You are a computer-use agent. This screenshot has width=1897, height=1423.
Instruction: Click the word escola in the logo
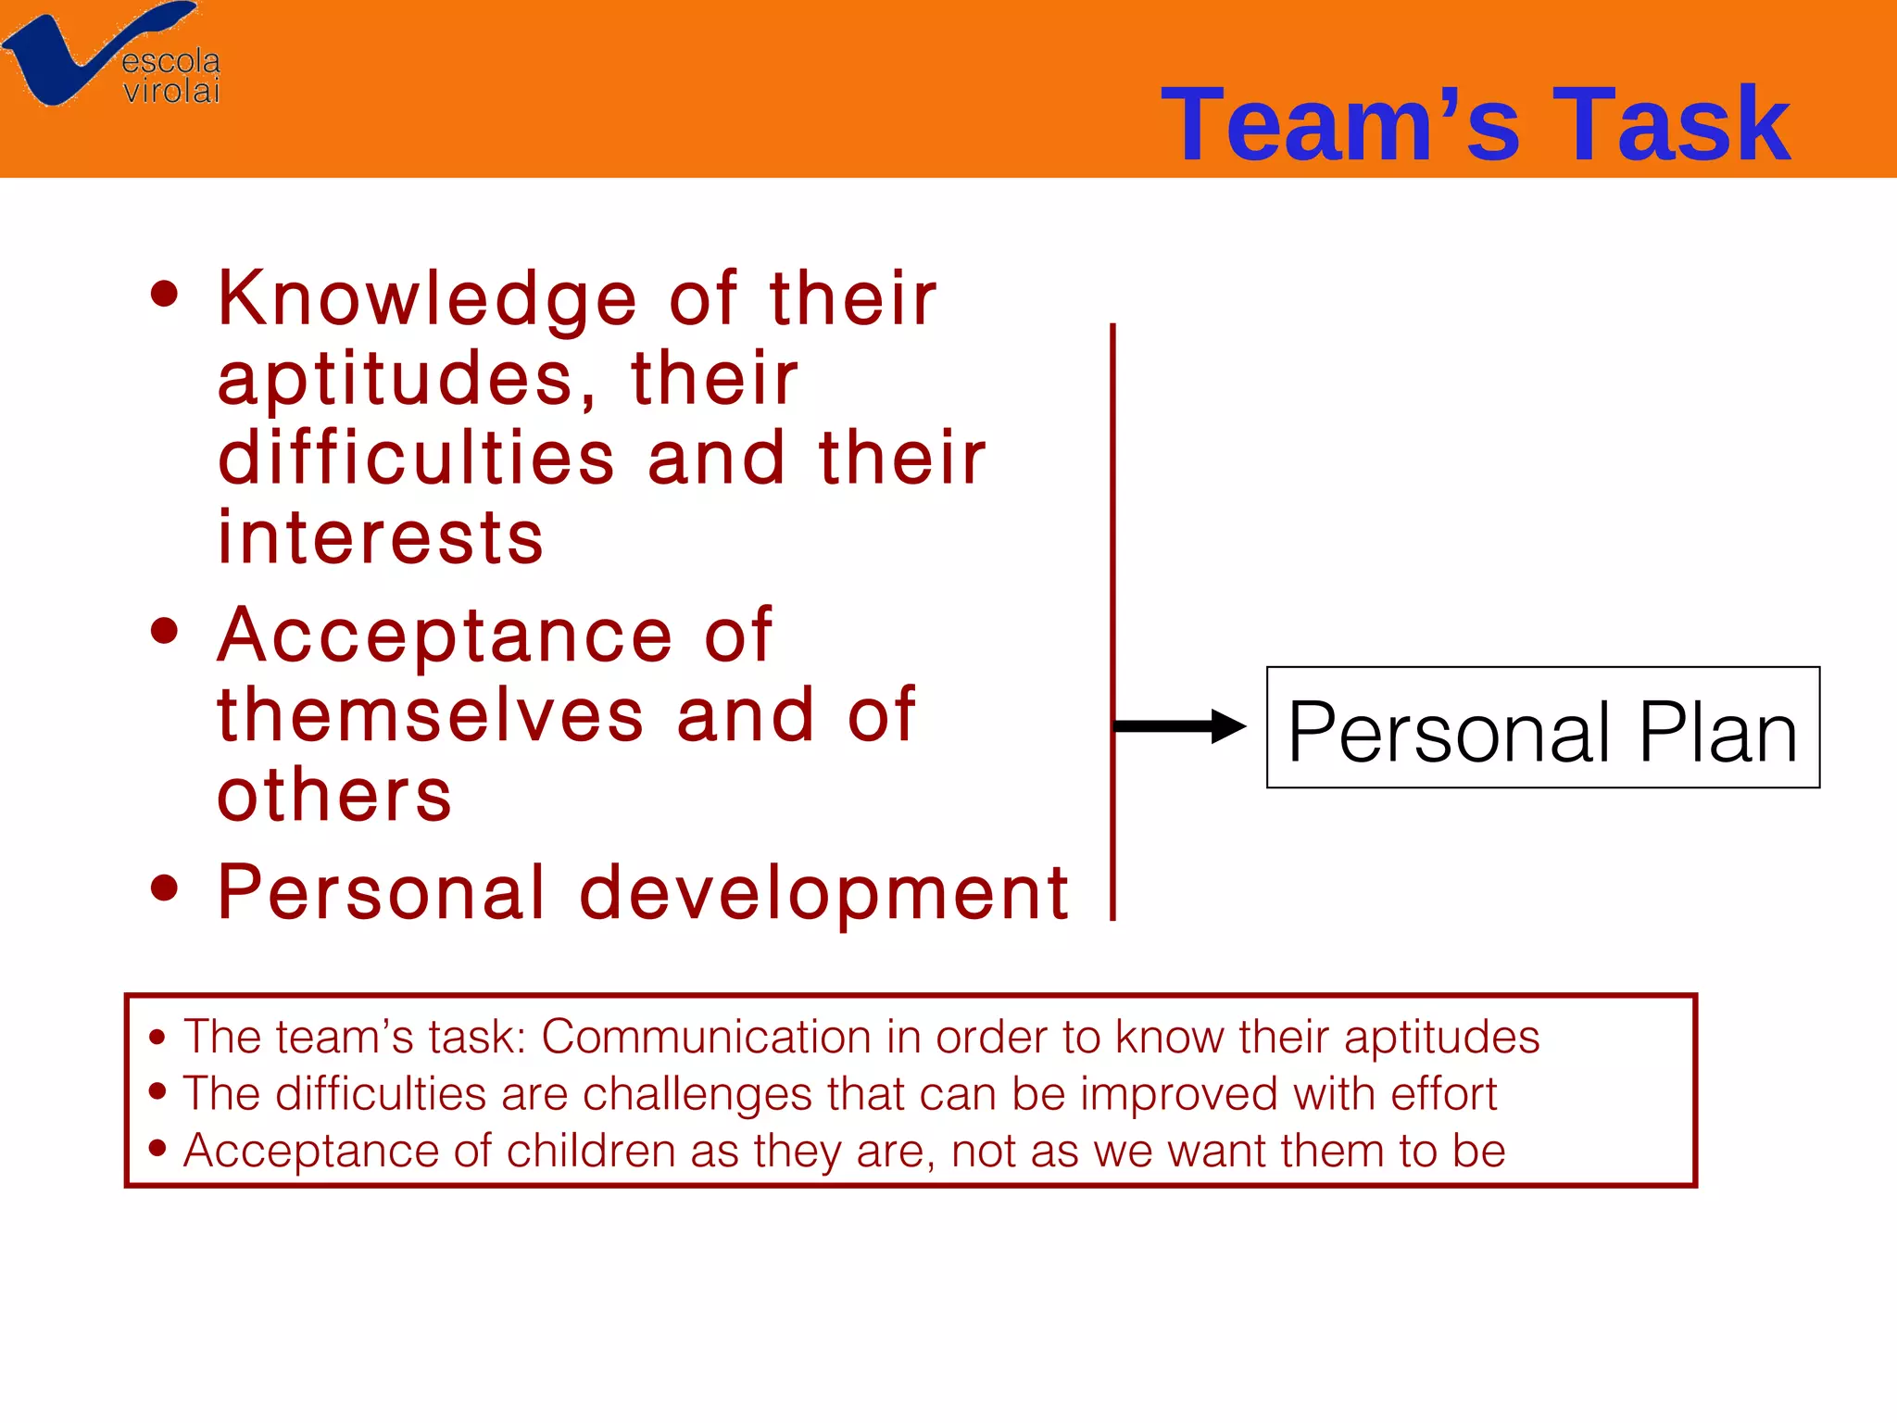tap(171, 62)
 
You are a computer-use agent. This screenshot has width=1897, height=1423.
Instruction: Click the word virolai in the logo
tap(171, 91)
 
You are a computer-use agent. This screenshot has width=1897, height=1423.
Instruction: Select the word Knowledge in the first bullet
tap(427, 300)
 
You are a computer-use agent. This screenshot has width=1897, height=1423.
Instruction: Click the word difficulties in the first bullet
tap(417, 458)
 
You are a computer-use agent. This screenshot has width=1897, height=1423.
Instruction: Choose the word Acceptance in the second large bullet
tap(445, 636)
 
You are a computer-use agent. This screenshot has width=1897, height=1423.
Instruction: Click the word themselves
tap(430, 715)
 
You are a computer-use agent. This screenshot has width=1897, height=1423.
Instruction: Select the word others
tap(334, 796)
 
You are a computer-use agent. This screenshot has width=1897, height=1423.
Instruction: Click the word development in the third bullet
tap(824, 893)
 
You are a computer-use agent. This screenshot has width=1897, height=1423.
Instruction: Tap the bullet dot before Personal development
tap(164, 888)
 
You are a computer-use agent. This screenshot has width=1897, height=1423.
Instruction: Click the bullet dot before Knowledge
tap(164, 295)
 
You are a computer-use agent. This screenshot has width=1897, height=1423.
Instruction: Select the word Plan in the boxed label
tap(1718, 733)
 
